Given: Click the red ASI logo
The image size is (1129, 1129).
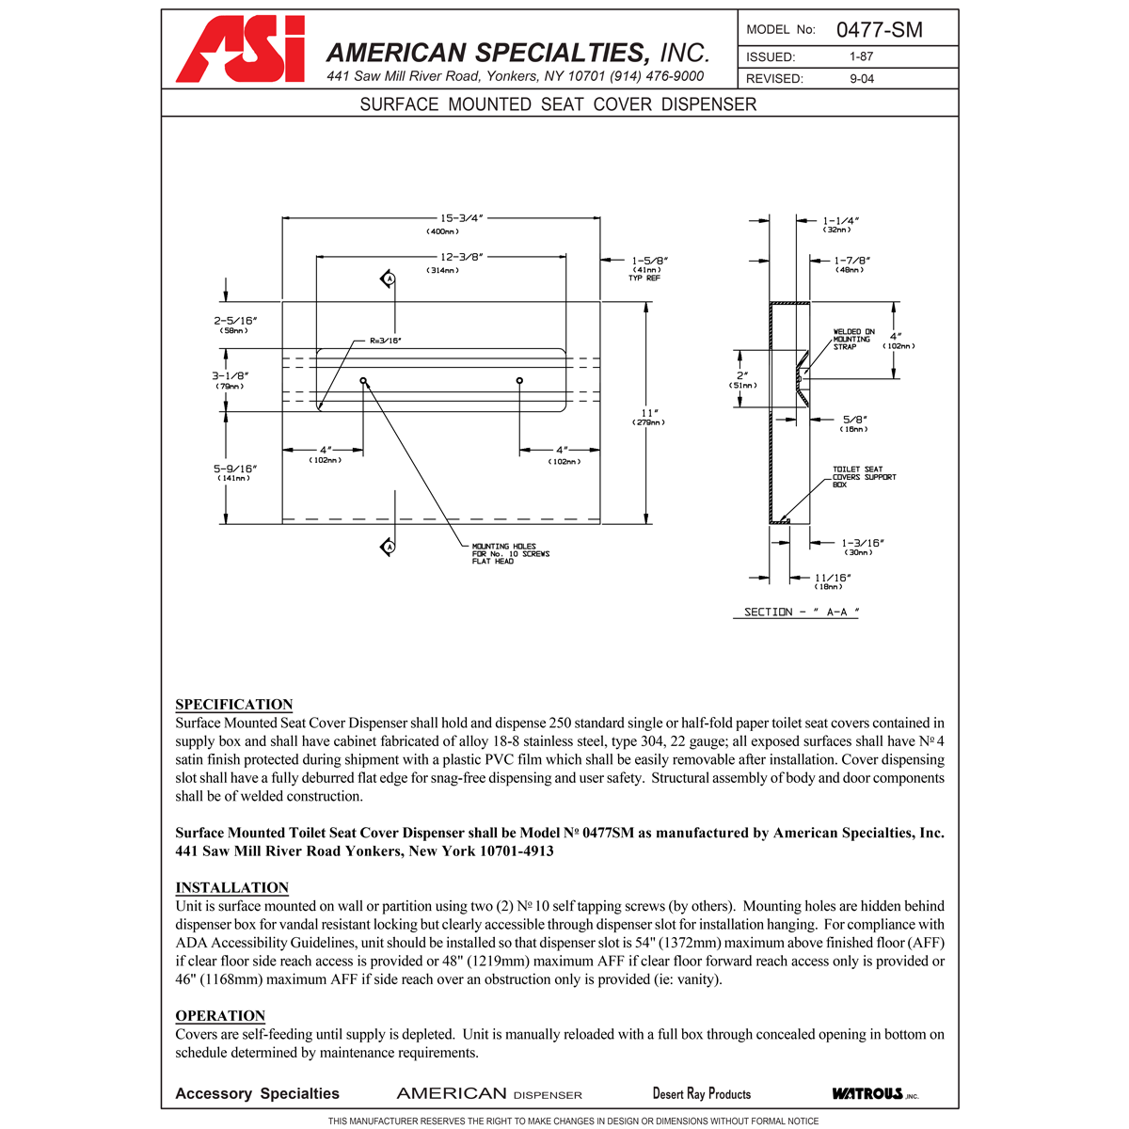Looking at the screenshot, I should click(x=241, y=50).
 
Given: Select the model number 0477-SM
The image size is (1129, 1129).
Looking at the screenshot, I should click(x=879, y=30).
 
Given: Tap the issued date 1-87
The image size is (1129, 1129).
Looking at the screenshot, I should click(x=861, y=56).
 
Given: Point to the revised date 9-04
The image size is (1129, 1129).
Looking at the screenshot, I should click(x=861, y=79).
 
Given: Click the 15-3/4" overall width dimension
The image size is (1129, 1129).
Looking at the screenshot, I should click(x=462, y=218).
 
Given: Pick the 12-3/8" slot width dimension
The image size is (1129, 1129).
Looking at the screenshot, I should click(x=462, y=256).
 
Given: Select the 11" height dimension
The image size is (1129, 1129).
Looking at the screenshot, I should click(x=648, y=413).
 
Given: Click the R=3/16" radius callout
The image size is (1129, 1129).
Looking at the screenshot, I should click(x=386, y=341).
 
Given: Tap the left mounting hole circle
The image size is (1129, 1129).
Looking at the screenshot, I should click(x=363, y=380).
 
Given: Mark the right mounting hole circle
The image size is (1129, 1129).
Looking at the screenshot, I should click(x=519, y=380).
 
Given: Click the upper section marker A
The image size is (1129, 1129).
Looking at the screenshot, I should click(x=388, y=278).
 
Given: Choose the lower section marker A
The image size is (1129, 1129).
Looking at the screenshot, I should click(x=388, y=547).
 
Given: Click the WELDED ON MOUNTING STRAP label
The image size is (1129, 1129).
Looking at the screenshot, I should click(x=853, y=340).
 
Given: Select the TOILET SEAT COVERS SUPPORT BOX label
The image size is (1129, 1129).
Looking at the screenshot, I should click(x=864, y=477).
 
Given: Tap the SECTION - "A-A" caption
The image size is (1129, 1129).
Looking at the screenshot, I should click(x=801, y=612).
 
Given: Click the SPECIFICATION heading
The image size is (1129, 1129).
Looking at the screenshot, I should click(x=233, y=705).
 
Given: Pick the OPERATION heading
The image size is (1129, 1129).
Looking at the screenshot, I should click(x=220, y=1016).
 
